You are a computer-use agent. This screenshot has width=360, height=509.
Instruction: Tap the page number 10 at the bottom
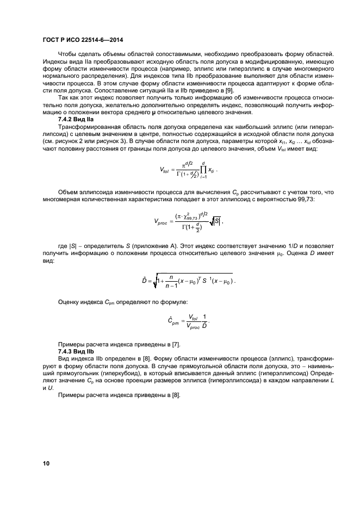tap(47, 463)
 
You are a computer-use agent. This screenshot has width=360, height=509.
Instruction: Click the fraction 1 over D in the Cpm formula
tap(204, 321)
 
